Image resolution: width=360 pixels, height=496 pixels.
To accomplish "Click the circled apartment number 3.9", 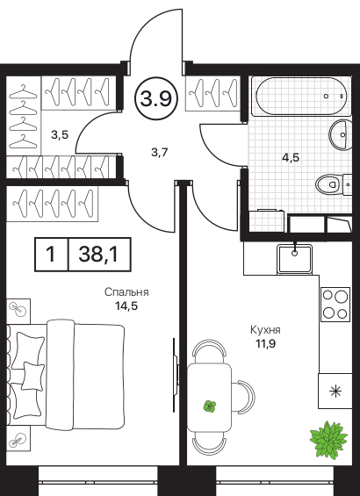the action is [156, 98].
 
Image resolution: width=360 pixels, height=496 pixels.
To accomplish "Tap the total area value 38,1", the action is [98, 255].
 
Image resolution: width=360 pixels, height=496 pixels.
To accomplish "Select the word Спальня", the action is [126, 292].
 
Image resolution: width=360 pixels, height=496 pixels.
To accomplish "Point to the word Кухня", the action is [265, 330].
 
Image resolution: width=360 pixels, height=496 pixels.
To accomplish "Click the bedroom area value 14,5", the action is [126, 306].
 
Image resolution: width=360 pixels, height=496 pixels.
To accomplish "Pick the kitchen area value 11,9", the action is [265, 343].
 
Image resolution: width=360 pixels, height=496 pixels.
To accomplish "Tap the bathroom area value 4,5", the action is [291, 157].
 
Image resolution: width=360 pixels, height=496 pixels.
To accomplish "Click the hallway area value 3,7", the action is [159, 153].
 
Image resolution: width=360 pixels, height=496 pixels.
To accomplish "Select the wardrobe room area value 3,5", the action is [60, 135].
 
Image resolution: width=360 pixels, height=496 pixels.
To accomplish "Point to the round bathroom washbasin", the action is [341, 134].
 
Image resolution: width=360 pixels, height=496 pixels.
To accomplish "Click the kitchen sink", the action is [295, 259].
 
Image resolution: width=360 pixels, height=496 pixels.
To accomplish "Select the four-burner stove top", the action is [335, 305].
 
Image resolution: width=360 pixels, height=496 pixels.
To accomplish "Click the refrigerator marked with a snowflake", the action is [335, 391].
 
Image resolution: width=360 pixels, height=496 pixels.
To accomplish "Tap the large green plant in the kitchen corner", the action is [328, 438].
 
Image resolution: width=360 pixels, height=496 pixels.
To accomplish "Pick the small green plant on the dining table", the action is [210, 406].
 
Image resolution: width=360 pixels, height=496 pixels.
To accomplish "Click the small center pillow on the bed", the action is [32, 377].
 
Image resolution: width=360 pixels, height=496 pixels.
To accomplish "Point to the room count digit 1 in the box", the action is [50, 255].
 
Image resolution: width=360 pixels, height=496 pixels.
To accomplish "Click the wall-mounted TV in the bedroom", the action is [176, 375].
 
